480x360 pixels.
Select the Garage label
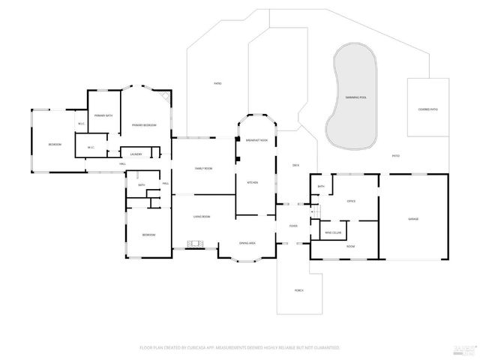pyautogui.click(x=413, y=218)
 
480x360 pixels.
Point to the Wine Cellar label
pyautogui.click(x=333, y=232)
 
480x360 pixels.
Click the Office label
pyautogui.click(x=350, y=201)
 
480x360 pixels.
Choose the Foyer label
pyautogui.click(x=293, y=226)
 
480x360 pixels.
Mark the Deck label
pyautogui.click(x=295, y=164)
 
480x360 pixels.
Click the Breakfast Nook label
pyautogui.click(x=256, y=140)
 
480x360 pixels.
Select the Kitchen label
pyautogui.click(x=253, y=182)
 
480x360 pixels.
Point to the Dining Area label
pyautogui.click(x=247, y=243)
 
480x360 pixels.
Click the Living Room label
pyautogui.click(x=201, y=217)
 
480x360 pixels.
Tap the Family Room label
pyautogui.click(x=203, y=169)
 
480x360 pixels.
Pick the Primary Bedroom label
pyautogui.click(x=144, y=124)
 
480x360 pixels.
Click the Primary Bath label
pyautogui.click(x=103, y=115)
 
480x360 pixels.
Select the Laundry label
pyautogui.click(x=136, y=154)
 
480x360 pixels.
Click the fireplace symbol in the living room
pyautogui.click(x=196, y=244)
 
